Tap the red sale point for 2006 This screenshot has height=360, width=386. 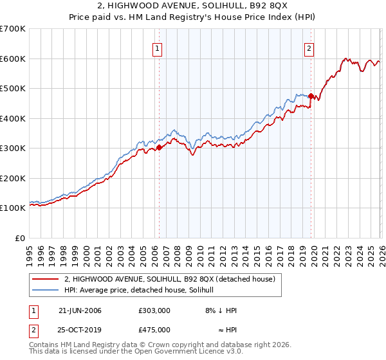159,148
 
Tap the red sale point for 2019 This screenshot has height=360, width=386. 311,96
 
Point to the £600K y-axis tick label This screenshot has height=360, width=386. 13,59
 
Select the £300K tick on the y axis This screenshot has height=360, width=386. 13,148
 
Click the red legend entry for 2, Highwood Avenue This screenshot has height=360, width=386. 170,279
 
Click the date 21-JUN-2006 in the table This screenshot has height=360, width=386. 80,310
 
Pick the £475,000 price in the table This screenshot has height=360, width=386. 154,329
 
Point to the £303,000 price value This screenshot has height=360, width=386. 154,310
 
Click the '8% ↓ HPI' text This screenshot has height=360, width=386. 219,310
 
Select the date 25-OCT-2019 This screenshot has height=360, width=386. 80,329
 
